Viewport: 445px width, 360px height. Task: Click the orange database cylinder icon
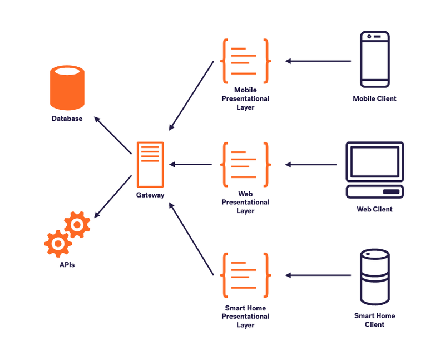pos(67,87)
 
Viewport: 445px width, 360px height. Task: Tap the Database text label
pos(67,119)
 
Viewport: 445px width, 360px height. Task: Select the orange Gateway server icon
pos(150,165)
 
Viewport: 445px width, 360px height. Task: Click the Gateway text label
pos(150,195)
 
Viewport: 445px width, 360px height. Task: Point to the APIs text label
pos(67,265)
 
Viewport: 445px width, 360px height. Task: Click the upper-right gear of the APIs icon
pos(77,224)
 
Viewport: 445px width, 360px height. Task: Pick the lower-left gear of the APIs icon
pos(58,243)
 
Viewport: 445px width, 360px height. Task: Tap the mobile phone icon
pos(374,60)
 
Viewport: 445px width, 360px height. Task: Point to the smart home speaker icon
pos(374,277)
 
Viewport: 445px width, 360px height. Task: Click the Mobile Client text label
pos(374,98)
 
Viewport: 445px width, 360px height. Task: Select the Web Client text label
pos(374,209)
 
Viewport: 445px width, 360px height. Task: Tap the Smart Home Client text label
pos(374,320)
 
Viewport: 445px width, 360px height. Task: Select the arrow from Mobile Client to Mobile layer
pos(318,61)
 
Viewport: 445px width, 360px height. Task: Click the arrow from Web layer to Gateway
pos(191,164)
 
